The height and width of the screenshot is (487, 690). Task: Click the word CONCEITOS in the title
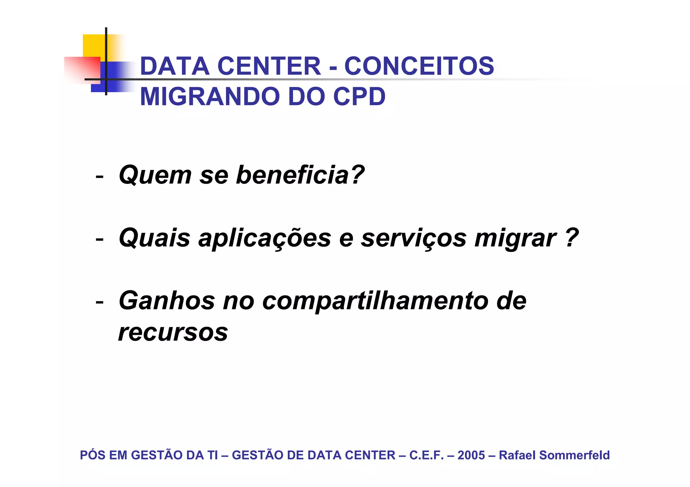click(x=419, y=66)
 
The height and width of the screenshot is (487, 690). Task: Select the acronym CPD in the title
click(x=359, y=97)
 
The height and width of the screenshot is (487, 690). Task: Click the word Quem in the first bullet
click(x=155, y=175)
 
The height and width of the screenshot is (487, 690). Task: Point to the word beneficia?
click(x=300, y=175)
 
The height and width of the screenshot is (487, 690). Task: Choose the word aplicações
click(x=265, y=238)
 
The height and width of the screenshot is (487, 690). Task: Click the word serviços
click(x=414, y=238)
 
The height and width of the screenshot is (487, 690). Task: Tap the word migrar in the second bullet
click(x=515, y=238)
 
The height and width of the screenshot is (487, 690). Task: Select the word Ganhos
click(x=167, y=301)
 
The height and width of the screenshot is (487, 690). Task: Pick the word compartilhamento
click(x=375, y=301)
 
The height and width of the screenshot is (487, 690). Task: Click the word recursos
click(x=173, y=332)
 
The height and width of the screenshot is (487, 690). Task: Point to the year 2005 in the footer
click(x=471, y=455)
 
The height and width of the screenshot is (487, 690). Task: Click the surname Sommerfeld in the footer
click(x=574, y=455)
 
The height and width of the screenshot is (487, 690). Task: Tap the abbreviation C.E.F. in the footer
click(x=426, y=455)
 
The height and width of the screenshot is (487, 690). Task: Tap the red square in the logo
click(x=83, y=69)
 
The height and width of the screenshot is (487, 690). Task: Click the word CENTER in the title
click(x=271, y=66)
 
